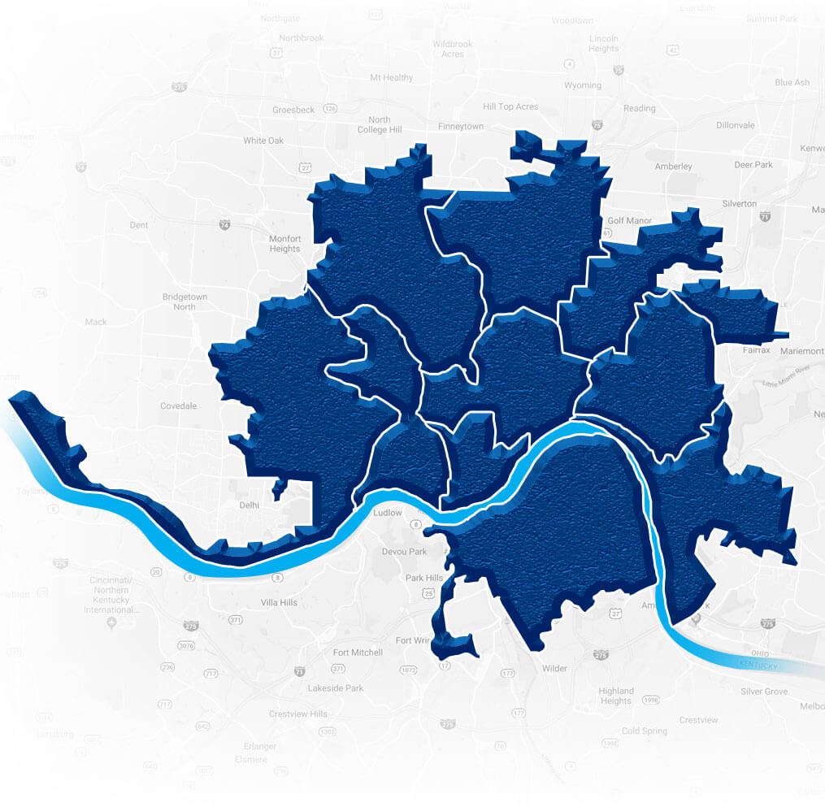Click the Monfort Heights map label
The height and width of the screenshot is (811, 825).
coord(284,244)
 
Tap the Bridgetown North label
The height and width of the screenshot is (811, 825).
coord(185,301)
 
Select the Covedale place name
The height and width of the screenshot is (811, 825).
coord(178,405)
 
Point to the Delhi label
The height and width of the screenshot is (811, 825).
coord(249,505)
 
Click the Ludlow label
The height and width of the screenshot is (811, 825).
coord(387,513)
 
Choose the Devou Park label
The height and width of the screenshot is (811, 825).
coord(404,552)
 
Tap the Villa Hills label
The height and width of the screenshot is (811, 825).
coord(278,602)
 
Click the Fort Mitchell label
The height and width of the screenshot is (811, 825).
coord(358,653)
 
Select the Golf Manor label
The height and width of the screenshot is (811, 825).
coord(630,220)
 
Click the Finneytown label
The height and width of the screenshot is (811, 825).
coord(461,127)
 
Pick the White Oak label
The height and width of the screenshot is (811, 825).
coord(263,141)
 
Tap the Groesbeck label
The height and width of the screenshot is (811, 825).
coord(293,110)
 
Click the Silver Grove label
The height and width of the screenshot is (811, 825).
coord(764,692)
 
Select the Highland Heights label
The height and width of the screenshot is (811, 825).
coord(615,696)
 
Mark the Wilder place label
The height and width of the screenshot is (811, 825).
coord(554,669)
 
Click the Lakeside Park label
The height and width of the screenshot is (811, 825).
coord(336,688)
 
